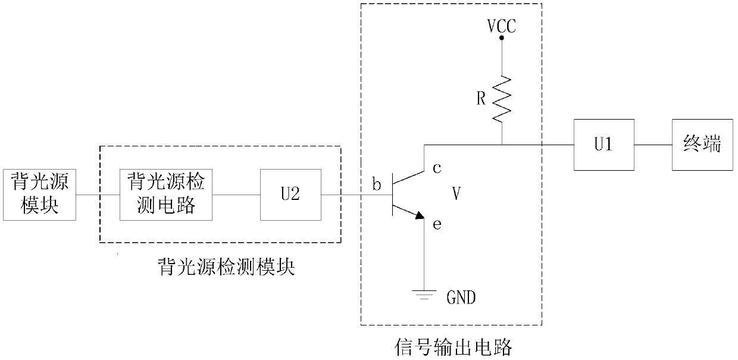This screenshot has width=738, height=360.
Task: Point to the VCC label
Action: click(502, 26)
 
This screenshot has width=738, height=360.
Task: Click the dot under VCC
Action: click(502, 38)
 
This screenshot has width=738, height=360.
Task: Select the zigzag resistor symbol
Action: click(502, 99)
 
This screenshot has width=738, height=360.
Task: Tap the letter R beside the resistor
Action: click(481, 98)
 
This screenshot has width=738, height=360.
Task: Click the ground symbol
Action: click(424, 295)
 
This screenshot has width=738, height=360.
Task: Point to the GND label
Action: click(461, 298)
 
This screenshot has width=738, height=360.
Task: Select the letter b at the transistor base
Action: click(377, 184)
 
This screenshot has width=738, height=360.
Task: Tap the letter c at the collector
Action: click(437, 168)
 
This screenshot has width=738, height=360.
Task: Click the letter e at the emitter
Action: click(437, 225)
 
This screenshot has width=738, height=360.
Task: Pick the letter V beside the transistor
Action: click(456, 193)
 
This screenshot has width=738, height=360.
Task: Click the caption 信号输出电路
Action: click(454, 347)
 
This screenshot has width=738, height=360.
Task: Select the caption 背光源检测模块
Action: click(227, 267)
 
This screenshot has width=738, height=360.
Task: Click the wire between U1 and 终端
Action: click(653, 145)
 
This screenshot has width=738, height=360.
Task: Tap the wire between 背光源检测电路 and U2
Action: click(236, 195)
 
